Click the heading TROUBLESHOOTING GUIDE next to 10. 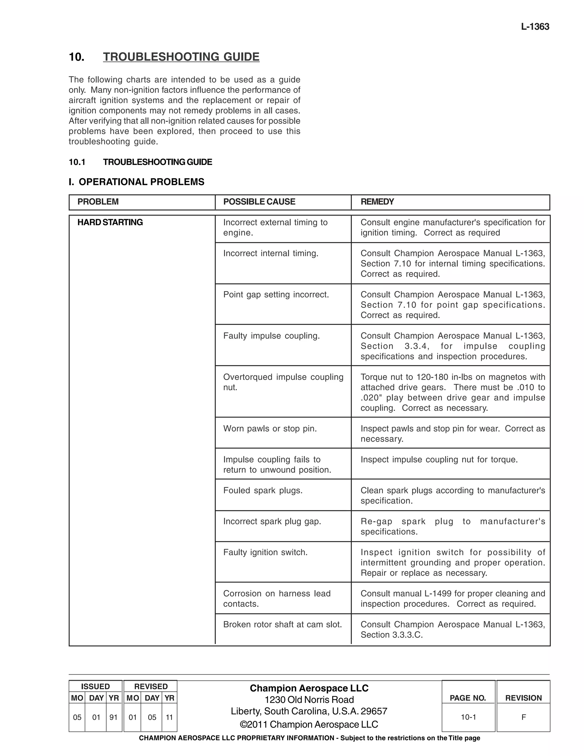[x=181, y=57]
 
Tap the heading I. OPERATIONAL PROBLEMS [x=137, y=182]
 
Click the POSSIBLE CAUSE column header [x=259, y=202]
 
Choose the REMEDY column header [x=377, y=202]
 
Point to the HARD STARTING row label [x=110, y=222]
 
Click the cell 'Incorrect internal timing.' [x=271, y=253]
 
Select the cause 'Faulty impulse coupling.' [x=271, y=336]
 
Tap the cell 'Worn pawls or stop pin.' [x=270, y=428]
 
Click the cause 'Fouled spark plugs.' [x=263, y=490]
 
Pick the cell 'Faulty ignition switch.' [x=265, y=552]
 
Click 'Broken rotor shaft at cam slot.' [x=282, y=624]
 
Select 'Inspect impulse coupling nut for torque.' [x=439, y=459]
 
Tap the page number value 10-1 [x=468, y=717]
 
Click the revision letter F [x=524, y=717]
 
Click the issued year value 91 [x=113, y=717]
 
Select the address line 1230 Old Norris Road [x=309, y=700]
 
